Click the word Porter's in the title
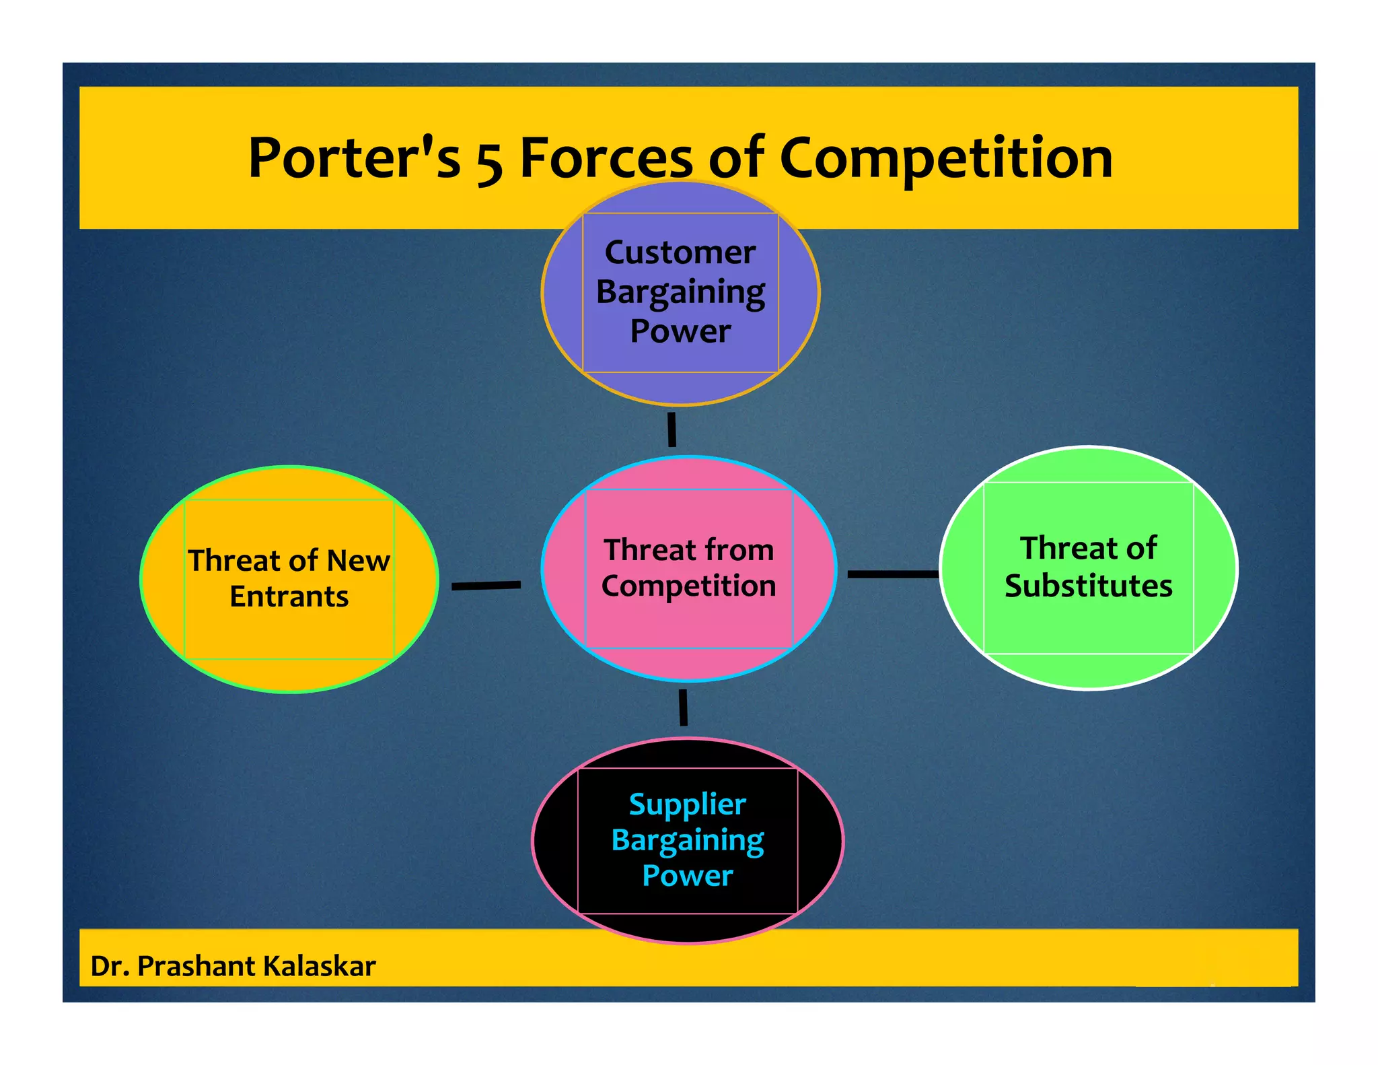pos(354,159)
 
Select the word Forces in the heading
pos(606,159)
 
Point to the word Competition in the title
pos(945,159)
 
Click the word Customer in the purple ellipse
pos(680,253)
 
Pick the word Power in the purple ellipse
pos(680,331)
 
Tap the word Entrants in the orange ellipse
pos(289,596)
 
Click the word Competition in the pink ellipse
pos(688,586)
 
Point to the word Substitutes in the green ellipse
pos(1088,586)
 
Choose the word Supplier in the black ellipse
pos(687,805)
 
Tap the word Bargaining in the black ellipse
pos(687,841)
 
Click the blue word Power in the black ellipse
pos(687,876)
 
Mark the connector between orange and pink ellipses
pos(486,586)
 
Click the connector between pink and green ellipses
pos(893,574)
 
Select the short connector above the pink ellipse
pos(672,430)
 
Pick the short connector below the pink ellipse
pos(683,708)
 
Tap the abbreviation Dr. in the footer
pos(109,966)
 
